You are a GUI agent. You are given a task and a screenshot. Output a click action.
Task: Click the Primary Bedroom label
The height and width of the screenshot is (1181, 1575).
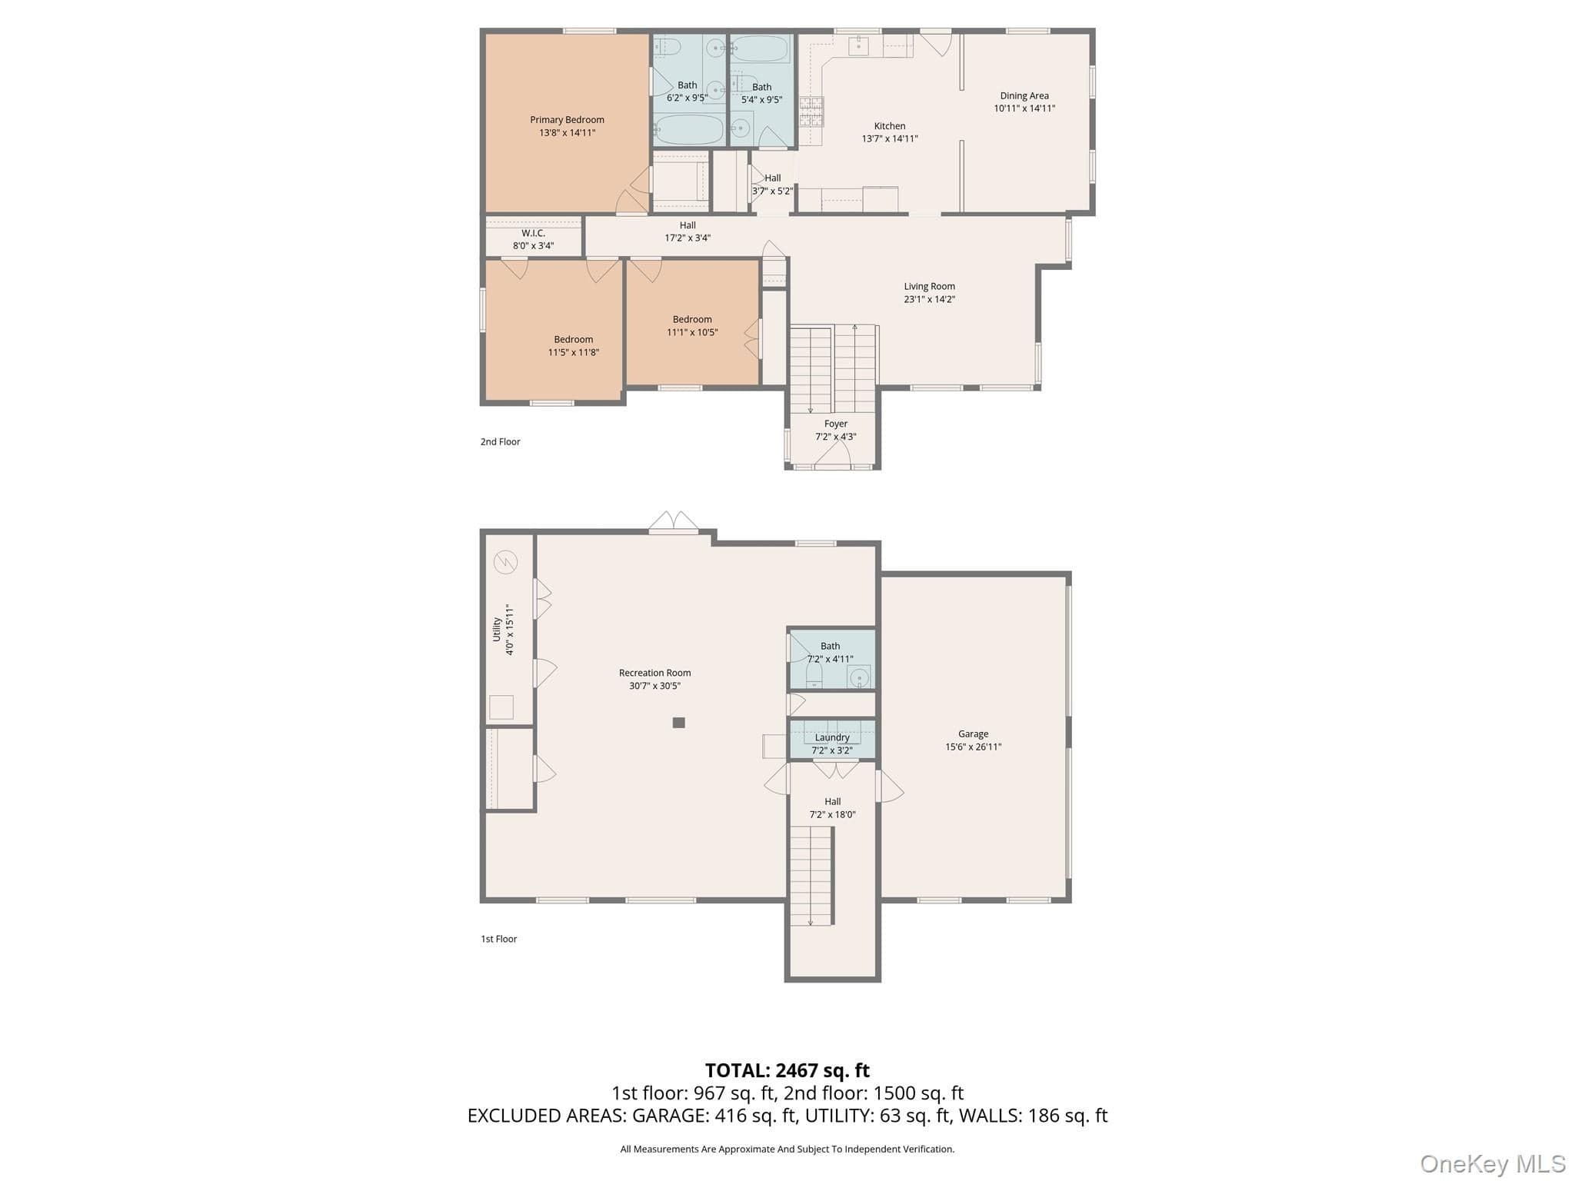[x=567, y=120]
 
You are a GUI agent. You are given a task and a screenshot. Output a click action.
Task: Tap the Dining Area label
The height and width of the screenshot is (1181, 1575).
[x=1024, y=96]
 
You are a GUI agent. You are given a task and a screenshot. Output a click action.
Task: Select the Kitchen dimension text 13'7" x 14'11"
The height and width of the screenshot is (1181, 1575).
[x=890, y=139]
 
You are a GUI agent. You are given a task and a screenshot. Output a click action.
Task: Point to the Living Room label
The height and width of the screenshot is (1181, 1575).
[x=930, y=287]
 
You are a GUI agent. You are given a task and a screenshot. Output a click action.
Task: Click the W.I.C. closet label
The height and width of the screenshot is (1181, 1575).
[x=533, y=233]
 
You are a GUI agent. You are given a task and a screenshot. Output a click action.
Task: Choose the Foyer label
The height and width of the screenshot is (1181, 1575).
[x=836, y=424]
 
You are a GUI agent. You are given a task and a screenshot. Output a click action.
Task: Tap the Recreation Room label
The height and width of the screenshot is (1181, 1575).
[x=655, y=673]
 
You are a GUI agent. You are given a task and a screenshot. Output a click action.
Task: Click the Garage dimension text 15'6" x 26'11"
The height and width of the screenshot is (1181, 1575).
[x=974, y=747]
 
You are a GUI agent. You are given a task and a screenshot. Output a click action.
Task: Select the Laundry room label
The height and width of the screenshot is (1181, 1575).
[x=832, y=737]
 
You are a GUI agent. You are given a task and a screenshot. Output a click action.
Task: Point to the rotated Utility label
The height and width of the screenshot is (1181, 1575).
[x=497, y=629]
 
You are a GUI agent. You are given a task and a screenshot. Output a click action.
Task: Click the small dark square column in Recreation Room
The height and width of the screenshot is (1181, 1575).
[x=678, y=723]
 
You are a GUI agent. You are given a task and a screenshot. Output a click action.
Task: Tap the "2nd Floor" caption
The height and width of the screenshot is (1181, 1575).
[x=501, y=441]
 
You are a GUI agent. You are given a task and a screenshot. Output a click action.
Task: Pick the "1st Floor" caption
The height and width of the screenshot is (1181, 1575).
[x=499, y=939]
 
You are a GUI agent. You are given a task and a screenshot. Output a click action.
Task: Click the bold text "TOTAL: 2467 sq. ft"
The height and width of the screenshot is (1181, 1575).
[x=787, y=1070]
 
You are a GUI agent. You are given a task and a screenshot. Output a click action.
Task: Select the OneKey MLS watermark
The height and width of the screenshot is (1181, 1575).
[x=1493, y=1164]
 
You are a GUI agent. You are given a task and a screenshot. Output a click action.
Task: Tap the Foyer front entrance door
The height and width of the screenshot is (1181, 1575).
[x=832, y=456]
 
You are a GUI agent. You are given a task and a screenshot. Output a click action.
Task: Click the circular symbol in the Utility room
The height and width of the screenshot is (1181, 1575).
[x=506, y=563]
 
